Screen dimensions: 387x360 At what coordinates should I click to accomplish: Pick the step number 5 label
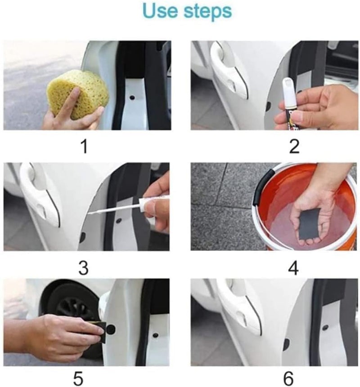click(83, 378)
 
